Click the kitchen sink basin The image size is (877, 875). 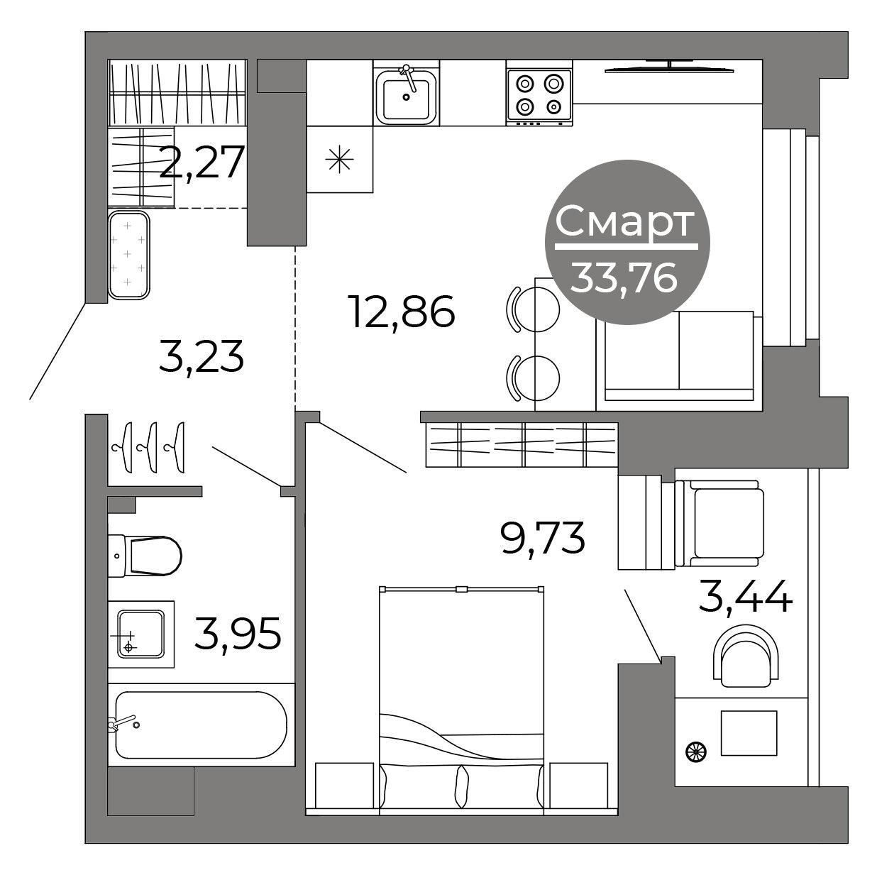click(x=406, y=97)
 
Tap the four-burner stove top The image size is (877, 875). click(x=539, y=97)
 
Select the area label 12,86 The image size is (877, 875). click(x=403, y=311)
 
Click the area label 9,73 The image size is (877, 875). click(x=542, y=538)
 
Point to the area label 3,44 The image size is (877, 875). click(x=746, y=597)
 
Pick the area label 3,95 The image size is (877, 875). click(x=238, y=634)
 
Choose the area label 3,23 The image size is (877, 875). click(x=202, y=356)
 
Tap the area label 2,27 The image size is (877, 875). click(x=202, y=162)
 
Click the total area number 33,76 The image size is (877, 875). click(x=624, y=279)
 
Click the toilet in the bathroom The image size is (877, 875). click(x=145, y=556)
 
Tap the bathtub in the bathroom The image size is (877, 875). click(x=202, y=725)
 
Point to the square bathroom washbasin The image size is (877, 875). click(x=141, y=634)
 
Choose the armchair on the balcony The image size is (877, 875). click(x=719, y=524)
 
